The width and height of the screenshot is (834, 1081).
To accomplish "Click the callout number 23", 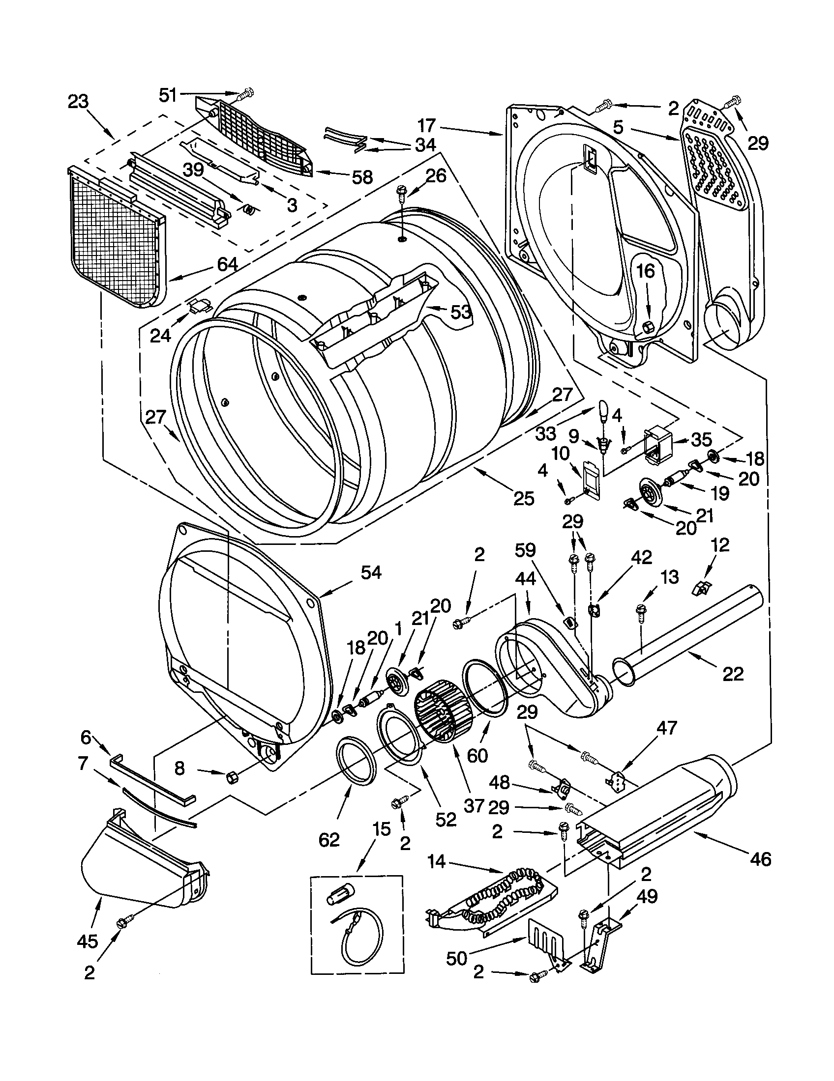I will pos(78,102).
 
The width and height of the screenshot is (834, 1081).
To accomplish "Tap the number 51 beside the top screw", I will pos(168,94).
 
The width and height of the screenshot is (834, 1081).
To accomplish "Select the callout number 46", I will pos(760,859).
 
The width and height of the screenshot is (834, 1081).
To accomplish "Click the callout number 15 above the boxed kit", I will pos(382,828).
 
